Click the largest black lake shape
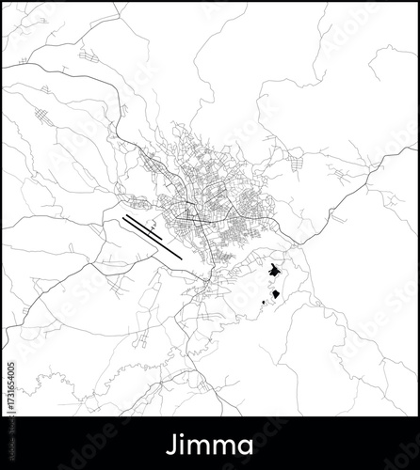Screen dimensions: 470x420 click(x=273, y=273)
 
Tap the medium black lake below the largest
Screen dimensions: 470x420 click(x=276, y=295)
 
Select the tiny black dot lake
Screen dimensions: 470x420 click(x=263, y=303)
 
